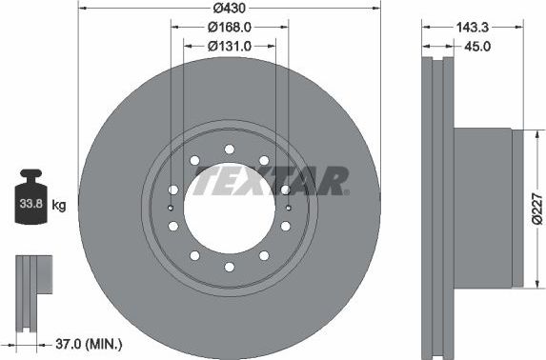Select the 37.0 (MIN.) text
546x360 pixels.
click(86, 342)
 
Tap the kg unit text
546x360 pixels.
click(58, 205)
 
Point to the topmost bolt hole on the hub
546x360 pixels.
click(229, 149)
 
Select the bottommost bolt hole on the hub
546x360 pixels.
click(229, 266)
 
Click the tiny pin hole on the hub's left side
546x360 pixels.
click(170, 207)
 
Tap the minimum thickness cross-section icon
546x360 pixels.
click(31, 286)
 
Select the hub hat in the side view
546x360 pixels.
click(486, 207)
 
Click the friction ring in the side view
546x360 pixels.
click(439, 207)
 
